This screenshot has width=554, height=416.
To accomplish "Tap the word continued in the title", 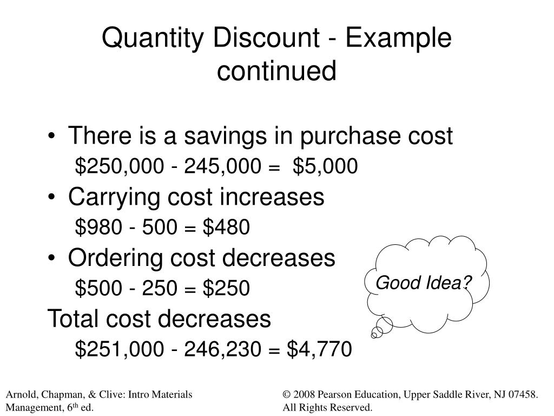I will coord(276,71).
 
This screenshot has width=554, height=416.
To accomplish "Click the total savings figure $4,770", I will coord(319,349).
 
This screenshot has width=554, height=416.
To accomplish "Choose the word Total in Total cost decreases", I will coord(72,319).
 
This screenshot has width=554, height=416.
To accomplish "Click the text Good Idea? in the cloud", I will coord(424,283).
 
